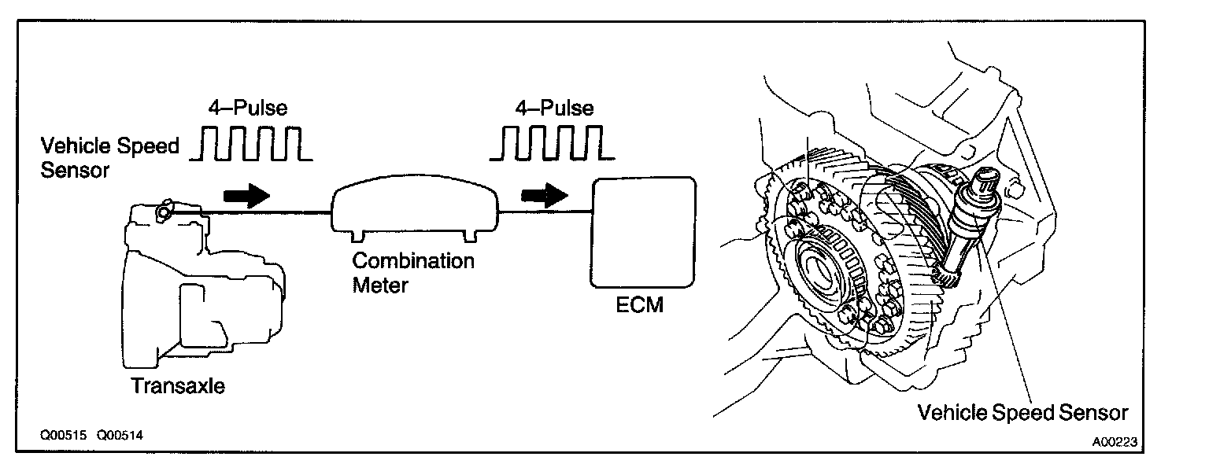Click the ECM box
[x=644, y=234]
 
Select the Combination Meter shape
[x=416, y=207]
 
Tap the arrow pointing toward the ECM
[x=545, y=194]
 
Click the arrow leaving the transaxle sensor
[x=246, y=194]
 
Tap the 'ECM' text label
[x=640, y=304]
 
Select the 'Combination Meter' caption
[x=412, y=272]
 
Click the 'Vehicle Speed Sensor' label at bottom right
[x=1023, y=412]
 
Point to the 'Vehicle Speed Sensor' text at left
[x=109, y=157]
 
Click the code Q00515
[x=66, y=434]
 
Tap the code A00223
[x=1115, y=442]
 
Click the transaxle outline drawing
[x=201, y=291]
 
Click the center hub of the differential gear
[x=823, y=268]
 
